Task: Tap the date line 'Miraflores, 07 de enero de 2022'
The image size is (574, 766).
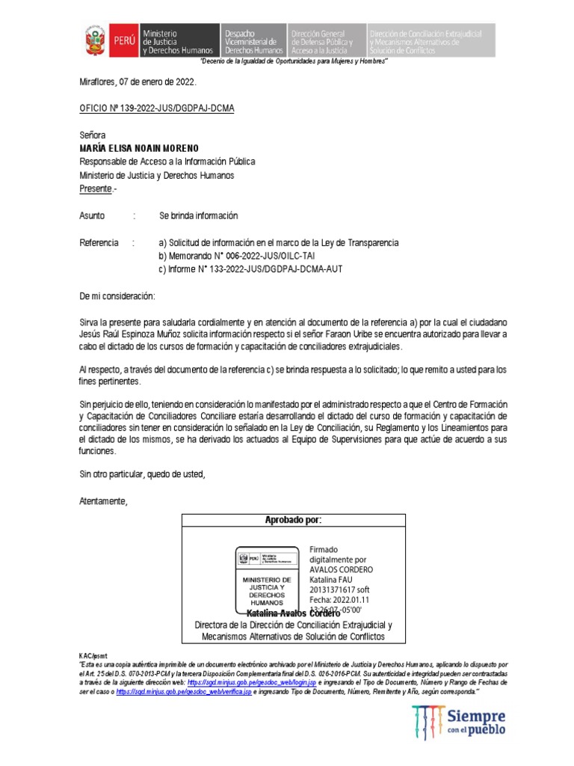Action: [138, 82]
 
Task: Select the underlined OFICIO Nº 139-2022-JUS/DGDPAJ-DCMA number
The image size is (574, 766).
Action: [157, 108]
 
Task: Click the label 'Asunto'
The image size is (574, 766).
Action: [93, 215]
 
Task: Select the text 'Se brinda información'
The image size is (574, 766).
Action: [198, 215]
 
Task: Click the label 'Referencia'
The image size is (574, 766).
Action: [99, 243]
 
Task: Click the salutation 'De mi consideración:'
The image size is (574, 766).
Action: [117, 297]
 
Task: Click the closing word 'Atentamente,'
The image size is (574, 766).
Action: [104, 500]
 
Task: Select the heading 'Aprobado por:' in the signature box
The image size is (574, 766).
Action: [294, 520]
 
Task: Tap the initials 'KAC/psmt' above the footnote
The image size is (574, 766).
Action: [93, 655]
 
